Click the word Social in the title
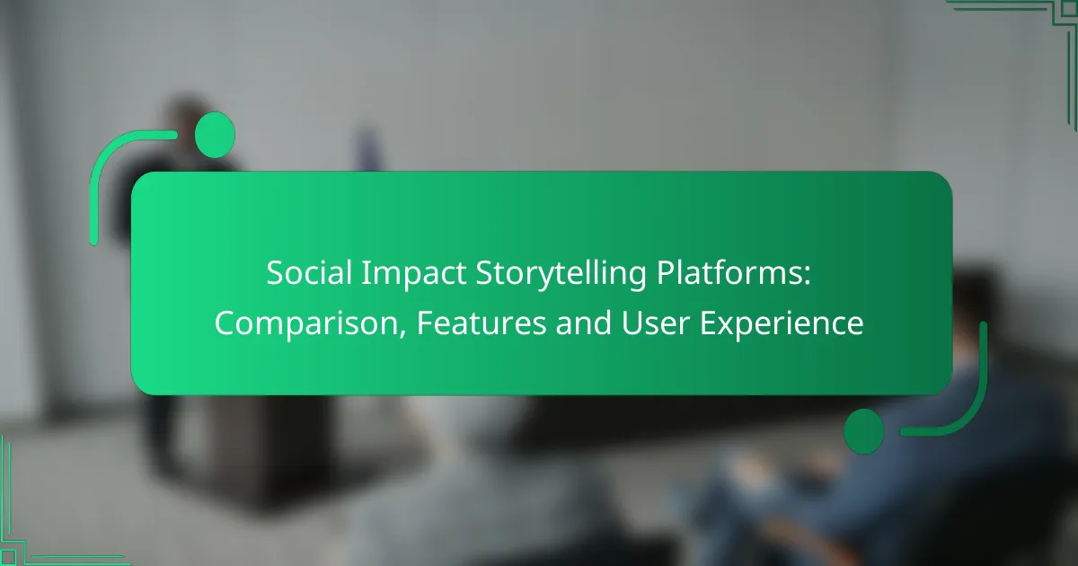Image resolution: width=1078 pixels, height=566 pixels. click(x=309, y=273)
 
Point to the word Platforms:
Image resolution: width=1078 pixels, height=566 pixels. click(x=733, y=273)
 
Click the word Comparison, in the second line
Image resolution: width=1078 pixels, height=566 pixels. click(x=311, y=324)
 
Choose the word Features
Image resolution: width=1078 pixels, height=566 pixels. click(x=482, y=323)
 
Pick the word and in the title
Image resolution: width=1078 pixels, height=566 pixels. click(x=583, y=323)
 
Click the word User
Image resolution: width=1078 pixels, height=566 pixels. click(x=655, y=323)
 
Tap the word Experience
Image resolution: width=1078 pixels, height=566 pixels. click(x=782, y=324)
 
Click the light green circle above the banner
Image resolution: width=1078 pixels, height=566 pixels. click(x=215, y=135)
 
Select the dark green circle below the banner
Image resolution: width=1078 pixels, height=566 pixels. click(x=864, y=431)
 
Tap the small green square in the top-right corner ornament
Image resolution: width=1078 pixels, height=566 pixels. click(x=1069, y=9)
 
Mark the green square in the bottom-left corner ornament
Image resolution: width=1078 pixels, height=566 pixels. click(x=8, y=557)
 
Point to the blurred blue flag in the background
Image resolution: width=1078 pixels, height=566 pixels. click(x=367, y=149)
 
